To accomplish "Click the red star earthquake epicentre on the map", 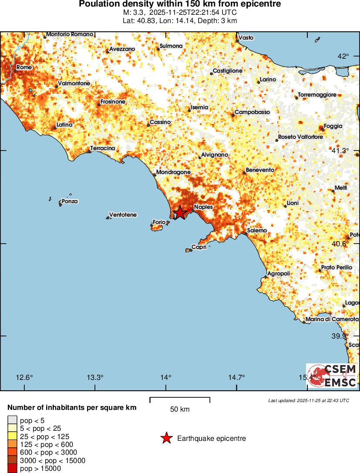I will point(179,213).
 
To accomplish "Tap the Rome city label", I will point(24,67).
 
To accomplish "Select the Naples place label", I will point(203,207).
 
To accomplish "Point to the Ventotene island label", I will point(123,215).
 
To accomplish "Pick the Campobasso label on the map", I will point(252,112).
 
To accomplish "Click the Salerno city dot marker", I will point(246,234).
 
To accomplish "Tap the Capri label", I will point(199,248).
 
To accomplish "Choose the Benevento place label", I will point(260,170).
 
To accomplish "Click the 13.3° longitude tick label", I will point(95,377).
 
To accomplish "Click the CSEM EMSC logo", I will point(332,376).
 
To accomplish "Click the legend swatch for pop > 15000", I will point(12,469).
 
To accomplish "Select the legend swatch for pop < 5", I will point(12,420).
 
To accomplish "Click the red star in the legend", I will point(166,439).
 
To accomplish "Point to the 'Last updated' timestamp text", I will point(308,400).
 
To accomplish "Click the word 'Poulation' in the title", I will point(98,4).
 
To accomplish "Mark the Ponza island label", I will point(70,201).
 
